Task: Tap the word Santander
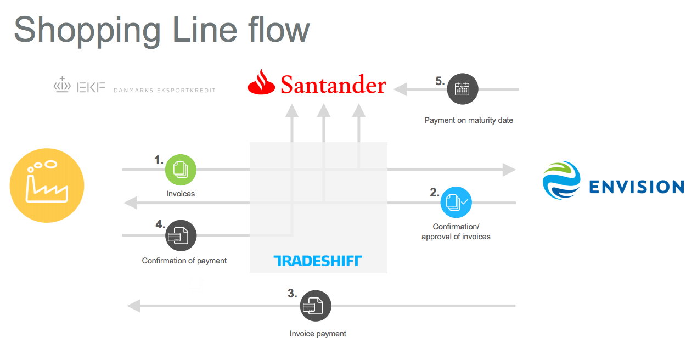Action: click(x=333, y=85)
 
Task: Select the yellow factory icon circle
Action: click(x=47, y=185)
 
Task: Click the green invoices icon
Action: click(x=181, y=170)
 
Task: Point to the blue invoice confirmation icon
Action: click(x=456, y=203)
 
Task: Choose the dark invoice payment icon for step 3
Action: click(x=316, y=306)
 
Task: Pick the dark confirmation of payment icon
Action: click(x=181, y=235)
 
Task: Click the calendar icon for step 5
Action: click(x=462, y=88)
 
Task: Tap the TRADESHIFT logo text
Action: click(x=318, y=261)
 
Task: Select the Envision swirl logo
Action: click(x=561, y=180)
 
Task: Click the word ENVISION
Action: click(x=636, y=187)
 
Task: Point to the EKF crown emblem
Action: click(x=62, y=86)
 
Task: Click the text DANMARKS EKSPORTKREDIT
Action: click(x=165, y=91)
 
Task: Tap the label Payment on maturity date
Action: click(x=469, y=120)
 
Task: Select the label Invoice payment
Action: click(x=318, y=334)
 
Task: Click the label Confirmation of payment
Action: click(x=184, y=261)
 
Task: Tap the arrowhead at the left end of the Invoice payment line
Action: click(x=133, y=306)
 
